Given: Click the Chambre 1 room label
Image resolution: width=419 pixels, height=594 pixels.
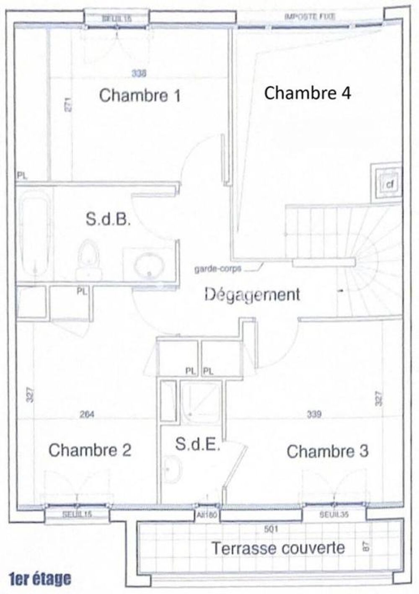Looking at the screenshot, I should pos(140,96).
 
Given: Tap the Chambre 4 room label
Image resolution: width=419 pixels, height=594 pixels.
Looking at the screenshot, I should pos(307,93).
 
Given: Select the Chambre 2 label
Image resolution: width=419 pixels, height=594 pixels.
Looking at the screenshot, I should pos(90,450).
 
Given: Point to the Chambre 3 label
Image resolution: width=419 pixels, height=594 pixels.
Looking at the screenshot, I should pos(327,452).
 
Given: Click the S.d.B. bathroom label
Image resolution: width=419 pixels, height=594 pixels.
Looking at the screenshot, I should pos(108,219).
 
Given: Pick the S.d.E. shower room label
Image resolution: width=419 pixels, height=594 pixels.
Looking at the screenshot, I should pos(197,444).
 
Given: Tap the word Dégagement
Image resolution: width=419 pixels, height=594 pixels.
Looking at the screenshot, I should pos(252,294).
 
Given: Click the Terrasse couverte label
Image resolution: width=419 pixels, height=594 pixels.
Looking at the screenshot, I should pos(278,548).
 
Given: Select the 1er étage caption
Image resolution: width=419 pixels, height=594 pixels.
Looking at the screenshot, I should pos(40,579).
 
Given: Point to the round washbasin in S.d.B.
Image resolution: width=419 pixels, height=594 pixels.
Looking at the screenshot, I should pos(148,266).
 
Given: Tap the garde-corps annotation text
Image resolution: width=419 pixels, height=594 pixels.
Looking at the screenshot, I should pos(217,269).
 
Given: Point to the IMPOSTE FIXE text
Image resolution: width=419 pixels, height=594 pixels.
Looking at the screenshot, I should pos(310,17).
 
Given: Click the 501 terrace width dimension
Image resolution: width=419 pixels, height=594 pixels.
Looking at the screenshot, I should pos(271,529).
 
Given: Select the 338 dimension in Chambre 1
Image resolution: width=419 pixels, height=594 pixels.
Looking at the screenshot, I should pos(139,74).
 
